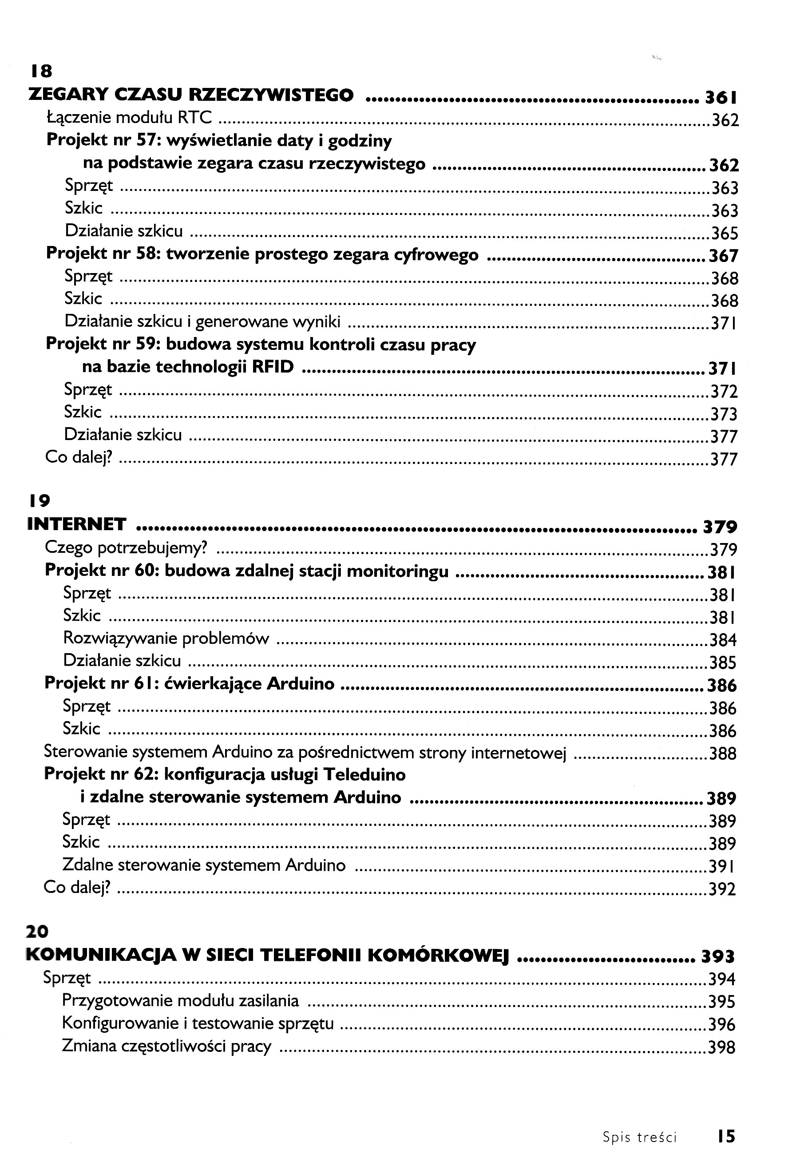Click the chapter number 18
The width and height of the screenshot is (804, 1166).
click(41, 71)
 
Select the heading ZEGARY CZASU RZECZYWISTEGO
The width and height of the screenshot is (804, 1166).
click(191, 95)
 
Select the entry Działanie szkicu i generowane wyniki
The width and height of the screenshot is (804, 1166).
click(202, 321)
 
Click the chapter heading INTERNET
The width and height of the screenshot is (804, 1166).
click(76, 524)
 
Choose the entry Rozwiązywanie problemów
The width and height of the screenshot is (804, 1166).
click(166, 639)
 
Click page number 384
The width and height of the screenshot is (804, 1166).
click(723, 640)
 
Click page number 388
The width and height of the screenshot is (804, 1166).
click(723, 754)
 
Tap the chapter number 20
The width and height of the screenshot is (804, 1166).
click(36, 932)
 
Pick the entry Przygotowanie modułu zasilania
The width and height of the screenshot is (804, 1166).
click(180, 1000)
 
